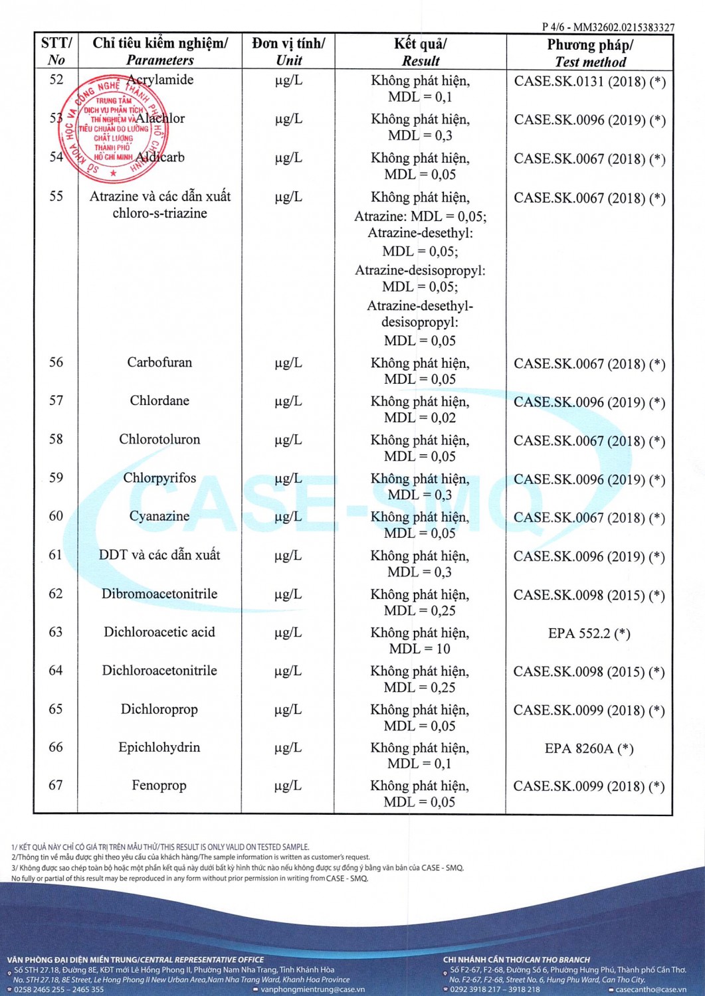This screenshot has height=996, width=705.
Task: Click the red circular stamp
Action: pos(114,129)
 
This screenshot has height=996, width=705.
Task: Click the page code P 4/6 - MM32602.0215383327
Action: pos(607,27)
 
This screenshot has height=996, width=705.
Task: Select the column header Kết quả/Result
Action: pos(420,52)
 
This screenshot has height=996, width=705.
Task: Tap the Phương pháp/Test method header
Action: pos(589,53)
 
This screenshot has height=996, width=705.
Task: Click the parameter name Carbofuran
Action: pos(159,363)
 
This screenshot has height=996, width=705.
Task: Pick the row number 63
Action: pos(56,632)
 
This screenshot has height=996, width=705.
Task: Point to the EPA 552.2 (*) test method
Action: pos(589,633)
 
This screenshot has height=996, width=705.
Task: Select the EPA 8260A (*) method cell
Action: pos(589,749)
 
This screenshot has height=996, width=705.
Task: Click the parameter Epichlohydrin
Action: pos(159,748)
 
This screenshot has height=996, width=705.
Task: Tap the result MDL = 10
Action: pos(420,649)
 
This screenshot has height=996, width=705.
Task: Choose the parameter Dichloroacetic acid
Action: pos(159,632)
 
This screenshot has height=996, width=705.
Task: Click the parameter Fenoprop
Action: pos(159,786)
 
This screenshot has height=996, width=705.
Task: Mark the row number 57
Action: pos(56,401)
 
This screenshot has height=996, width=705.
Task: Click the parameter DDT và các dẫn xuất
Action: pos(159,555)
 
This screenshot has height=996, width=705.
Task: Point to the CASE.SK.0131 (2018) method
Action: pos(589,82)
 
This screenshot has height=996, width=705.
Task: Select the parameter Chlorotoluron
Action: pos(159,440)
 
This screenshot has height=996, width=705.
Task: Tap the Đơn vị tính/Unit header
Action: pos(288,52)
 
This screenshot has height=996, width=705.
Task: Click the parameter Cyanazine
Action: pos(159,517)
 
